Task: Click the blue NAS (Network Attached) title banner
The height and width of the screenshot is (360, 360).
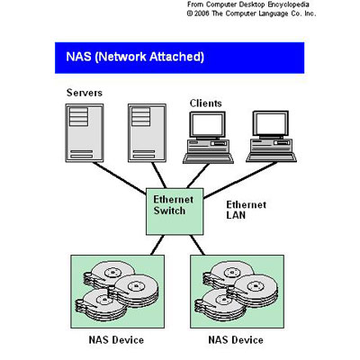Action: pyautogui.click(x=179, y=58)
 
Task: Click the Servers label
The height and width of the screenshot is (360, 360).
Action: pyautogui.click(x=85, y=93)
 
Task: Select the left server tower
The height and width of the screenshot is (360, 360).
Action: pyautogui.click(x=85, y=133)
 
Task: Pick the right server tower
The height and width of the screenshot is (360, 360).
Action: pyautogui.click(x=147, y=133)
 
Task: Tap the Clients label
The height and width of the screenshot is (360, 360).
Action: pyautogui.click(x=206, y=103)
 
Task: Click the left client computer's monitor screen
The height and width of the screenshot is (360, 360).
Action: pyautogui.click(x=207, y=124)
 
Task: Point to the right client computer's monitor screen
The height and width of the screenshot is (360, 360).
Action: pyautogui.click(x=270, y=124)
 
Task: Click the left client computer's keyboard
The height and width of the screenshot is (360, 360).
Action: pyautogui.click(x=208, y=157)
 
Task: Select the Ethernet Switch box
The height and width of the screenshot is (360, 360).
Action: pyautogui.click(x=175, y=211)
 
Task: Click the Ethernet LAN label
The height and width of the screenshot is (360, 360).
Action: pyautogui.click(x=246, y=210)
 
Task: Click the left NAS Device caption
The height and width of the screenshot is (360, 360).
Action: pyautogui.click(x=116, y=340)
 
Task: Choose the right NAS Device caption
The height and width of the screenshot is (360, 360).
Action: pyautogui.click(x=236, y=340)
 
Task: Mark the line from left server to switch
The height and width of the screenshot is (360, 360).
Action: pyautogui.click(x=119, y=177)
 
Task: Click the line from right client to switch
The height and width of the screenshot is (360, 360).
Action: pyautogui.click(x=240, y=180)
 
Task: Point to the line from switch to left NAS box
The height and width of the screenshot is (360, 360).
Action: pyautogui.click(x=157, y=245)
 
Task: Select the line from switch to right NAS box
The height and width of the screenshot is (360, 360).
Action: pyautogui.click(x=197, y=245)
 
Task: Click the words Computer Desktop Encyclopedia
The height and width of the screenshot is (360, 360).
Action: pyautogui.click(x=257, y=4)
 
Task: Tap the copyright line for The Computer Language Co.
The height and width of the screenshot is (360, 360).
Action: pyautogui.click(x=251, y=13)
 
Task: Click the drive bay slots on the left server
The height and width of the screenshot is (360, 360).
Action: pyautogui.click(x=78, y=117)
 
